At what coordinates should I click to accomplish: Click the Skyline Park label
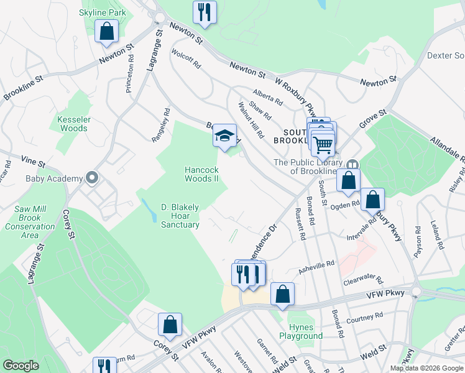tap(103, 12)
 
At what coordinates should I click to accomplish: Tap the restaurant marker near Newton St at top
tap(204, 11)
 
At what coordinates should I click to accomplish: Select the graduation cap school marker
tap(225, 136)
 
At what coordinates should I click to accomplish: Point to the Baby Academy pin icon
tap(92, 178)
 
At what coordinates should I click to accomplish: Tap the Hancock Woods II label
tap(202, 174)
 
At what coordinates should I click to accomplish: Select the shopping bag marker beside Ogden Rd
tap(372, 200)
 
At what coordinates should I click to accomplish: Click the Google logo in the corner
tap(21, 365)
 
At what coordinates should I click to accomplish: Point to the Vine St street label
tap(33, 162)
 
